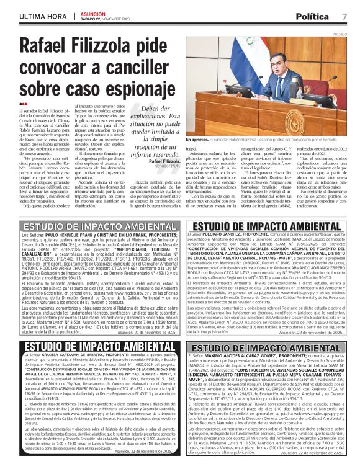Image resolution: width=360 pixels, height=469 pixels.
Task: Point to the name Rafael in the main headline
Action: [52, 47]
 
